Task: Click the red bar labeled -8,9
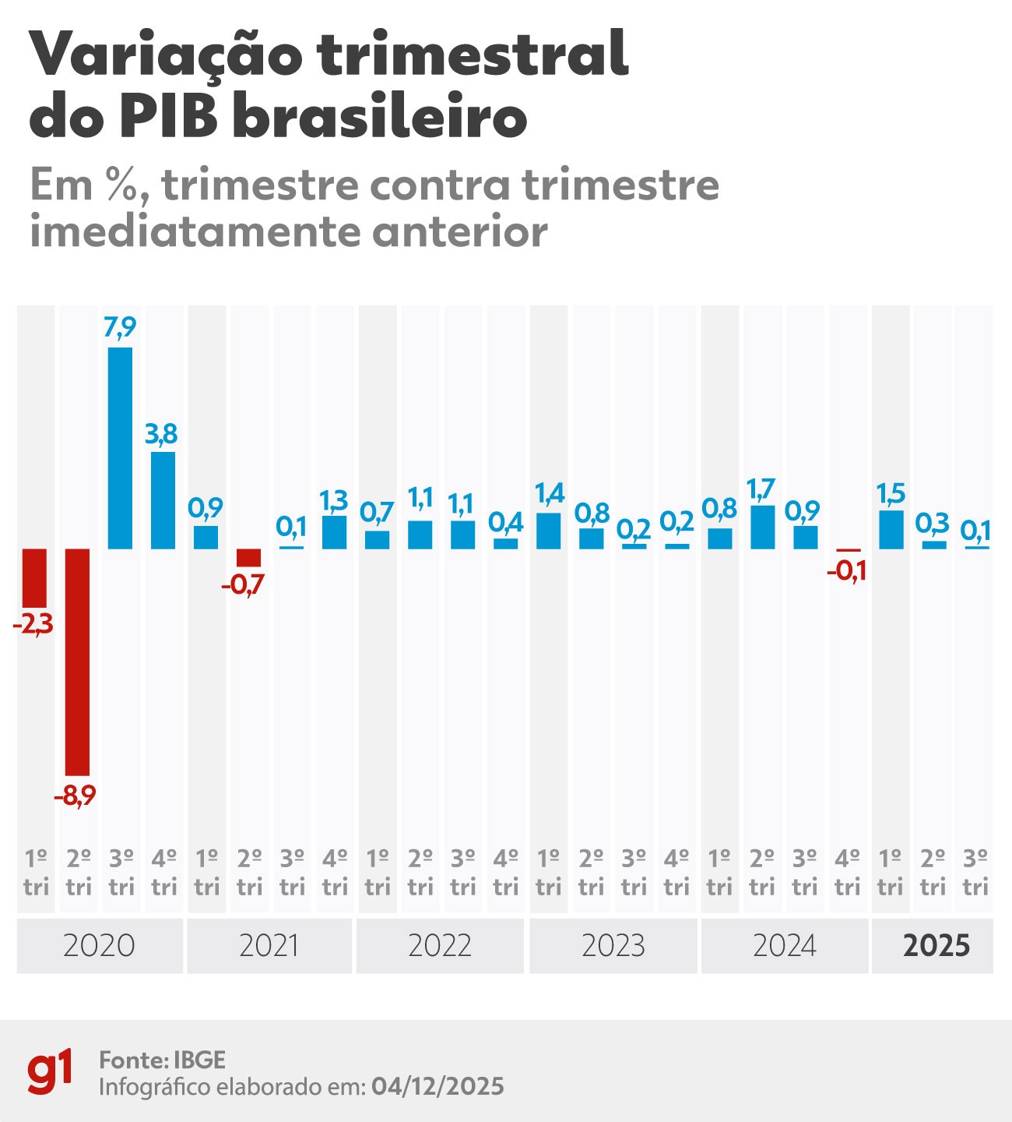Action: click(78, 662)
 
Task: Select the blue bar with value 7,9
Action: click(120, 448)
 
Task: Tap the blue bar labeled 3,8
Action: click(163, 500)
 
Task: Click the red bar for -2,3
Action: click(35, 577)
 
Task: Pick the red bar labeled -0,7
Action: click(248, 558)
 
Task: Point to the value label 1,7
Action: click(761, 489)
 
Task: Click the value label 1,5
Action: click(891, 493)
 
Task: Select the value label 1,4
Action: click(549, 493)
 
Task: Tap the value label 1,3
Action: click(334, 500)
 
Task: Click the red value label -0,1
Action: click(847, 573)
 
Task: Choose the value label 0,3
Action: click(933, 524)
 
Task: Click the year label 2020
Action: click(99, 946)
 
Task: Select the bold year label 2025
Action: click(936, 946)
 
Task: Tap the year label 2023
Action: click(613, 946)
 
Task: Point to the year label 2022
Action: click(440, 946)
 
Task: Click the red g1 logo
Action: click(51, 1072)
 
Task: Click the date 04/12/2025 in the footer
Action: click(437, 1086)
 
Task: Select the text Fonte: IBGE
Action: click(162, 1060)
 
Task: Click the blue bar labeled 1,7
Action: click(762, 527)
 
